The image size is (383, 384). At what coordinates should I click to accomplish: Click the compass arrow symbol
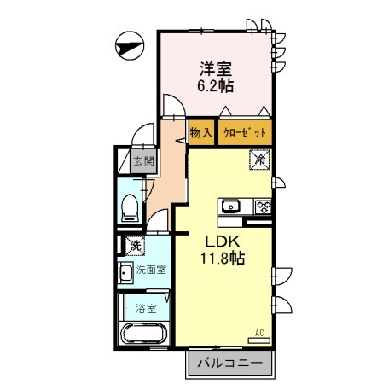[126, 45]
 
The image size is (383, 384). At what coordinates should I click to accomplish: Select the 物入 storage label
[201, 133]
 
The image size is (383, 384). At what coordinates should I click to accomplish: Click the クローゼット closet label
[246, 133]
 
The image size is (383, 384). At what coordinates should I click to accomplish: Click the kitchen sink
[231, 206]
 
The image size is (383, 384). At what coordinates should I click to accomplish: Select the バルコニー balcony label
[229, 364]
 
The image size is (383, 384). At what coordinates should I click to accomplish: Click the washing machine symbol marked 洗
[134, 247]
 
